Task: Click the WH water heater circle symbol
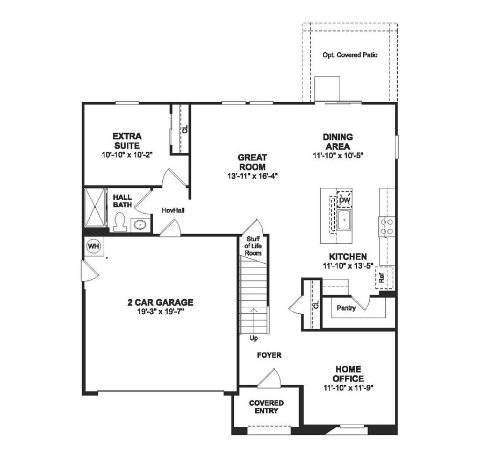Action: [94, 246]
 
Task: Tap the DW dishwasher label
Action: [344, 200]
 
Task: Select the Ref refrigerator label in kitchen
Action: [382, 278]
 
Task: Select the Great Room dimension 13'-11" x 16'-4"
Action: [252, 175]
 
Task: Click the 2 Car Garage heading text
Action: [160, 302]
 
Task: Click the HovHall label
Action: [173, 210]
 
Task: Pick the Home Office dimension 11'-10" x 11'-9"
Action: [348, 387]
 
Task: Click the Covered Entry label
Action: [267, 407]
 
